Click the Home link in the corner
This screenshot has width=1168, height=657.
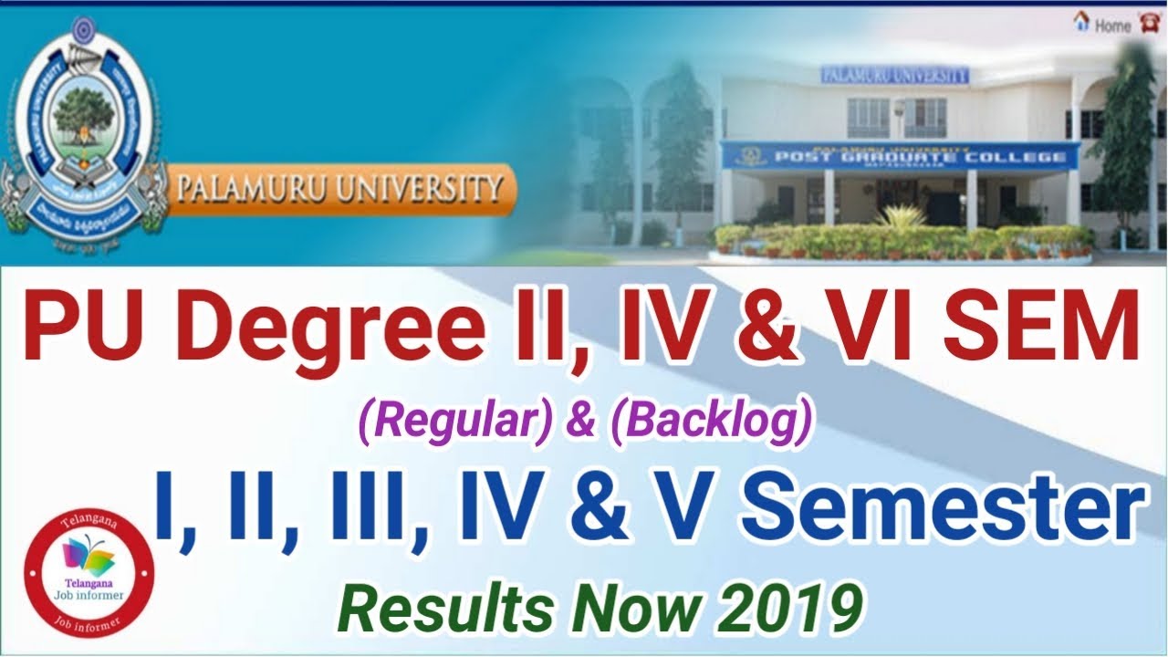[x=1112, y=26]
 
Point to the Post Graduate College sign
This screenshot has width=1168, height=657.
[x=899, y=156]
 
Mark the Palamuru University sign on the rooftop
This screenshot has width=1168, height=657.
[x=893, y=76]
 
